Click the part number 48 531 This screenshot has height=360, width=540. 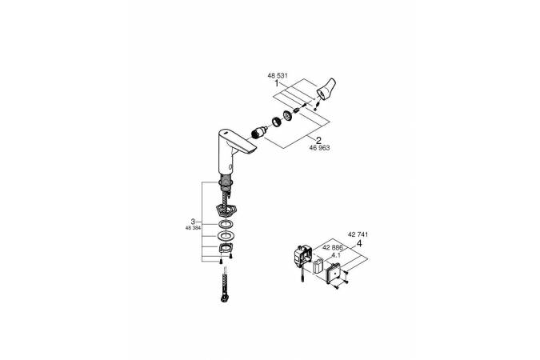278,75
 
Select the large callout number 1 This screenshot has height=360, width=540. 277,83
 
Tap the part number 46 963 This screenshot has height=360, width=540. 319,148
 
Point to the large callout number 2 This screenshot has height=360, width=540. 318,140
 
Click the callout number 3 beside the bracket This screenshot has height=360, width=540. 193,222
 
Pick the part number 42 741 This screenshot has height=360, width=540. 358,234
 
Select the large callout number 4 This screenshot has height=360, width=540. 359,243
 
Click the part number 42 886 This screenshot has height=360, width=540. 333,247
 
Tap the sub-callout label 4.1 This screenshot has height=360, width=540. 335,256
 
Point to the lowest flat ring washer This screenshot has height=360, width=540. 226,236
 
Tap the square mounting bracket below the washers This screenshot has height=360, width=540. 226,248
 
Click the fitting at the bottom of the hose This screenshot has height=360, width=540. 224,298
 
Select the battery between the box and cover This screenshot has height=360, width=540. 318,266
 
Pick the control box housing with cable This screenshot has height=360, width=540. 302,256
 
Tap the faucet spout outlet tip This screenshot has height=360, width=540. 250,149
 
